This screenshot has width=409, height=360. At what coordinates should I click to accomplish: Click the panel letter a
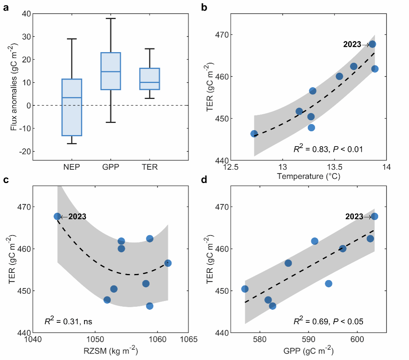click(6, 6)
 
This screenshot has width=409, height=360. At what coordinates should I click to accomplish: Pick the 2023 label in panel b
click(352, 45)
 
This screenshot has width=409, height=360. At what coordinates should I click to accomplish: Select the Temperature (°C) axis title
click(308, 176)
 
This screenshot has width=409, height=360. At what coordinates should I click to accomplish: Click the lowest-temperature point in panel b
click(254, 134)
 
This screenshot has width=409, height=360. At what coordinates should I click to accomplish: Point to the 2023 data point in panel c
click(58, 217)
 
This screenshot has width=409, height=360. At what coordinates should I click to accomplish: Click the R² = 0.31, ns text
click(69, 322)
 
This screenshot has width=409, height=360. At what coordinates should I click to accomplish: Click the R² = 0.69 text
click(328, 322)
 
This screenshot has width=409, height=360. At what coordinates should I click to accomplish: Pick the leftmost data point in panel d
click(245, 289)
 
